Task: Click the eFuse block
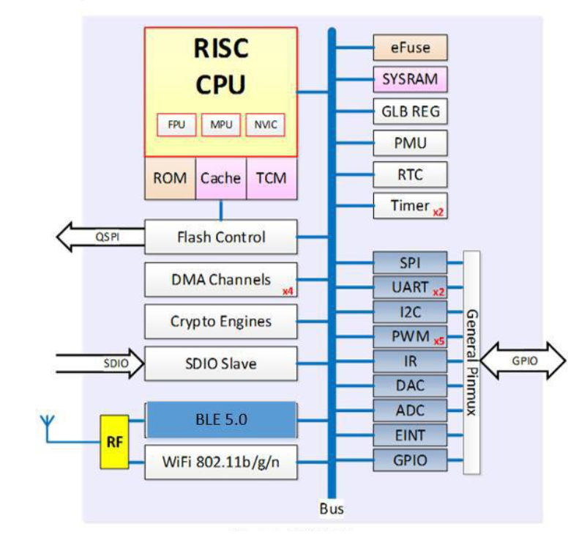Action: click(400, 48)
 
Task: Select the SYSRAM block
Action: click(400, 79)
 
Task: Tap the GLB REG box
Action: click(400, 112)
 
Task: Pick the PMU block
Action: click(400, 144)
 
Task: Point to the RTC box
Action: click(400, 175)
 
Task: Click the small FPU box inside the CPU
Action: click(176, 125)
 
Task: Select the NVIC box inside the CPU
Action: click(265, 125)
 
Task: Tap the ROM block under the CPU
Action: click(170, 178)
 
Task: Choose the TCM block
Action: click(272, 178)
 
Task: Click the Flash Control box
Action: click(221, 237)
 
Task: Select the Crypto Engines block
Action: click(221, 321)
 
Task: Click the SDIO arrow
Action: click(99, 363)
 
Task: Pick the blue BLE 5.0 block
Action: click(221, 420)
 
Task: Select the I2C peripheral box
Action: click(409, 312)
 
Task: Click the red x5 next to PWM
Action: click(438, 341)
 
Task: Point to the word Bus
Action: click(332, 509)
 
